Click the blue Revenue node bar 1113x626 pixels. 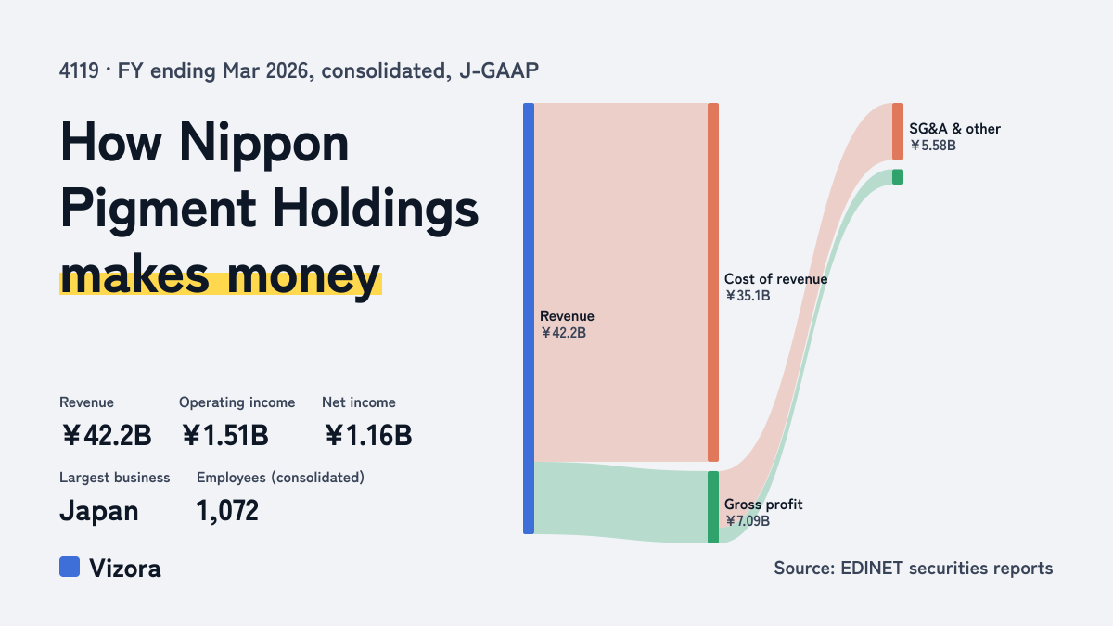tap(529, 318)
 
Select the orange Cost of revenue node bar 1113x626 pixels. tap(713, 282)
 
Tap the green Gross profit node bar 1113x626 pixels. tap(713, 507)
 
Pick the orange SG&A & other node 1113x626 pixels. tap(898, 132)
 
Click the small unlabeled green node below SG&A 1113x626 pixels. tap(898, 177)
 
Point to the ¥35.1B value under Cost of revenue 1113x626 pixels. tap(748, 296)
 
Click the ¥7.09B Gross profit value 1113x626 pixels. tap(748, 521)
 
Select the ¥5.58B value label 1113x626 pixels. tap(933, 146)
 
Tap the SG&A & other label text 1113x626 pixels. tap(954, 129)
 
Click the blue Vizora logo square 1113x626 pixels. tap(70, 567)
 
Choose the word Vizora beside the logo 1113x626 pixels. tap(125, 569)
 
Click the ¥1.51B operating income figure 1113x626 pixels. tap(225, 435)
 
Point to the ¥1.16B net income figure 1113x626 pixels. tap(368, 435)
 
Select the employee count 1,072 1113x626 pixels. tap(227, 511)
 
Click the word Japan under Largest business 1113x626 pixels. tap(99, 511)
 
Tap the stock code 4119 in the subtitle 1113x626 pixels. tap(79, 71)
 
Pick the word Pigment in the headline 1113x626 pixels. tap(158, 210)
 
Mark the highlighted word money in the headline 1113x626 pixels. tap(303, 276)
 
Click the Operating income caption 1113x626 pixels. tap(237, 402)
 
